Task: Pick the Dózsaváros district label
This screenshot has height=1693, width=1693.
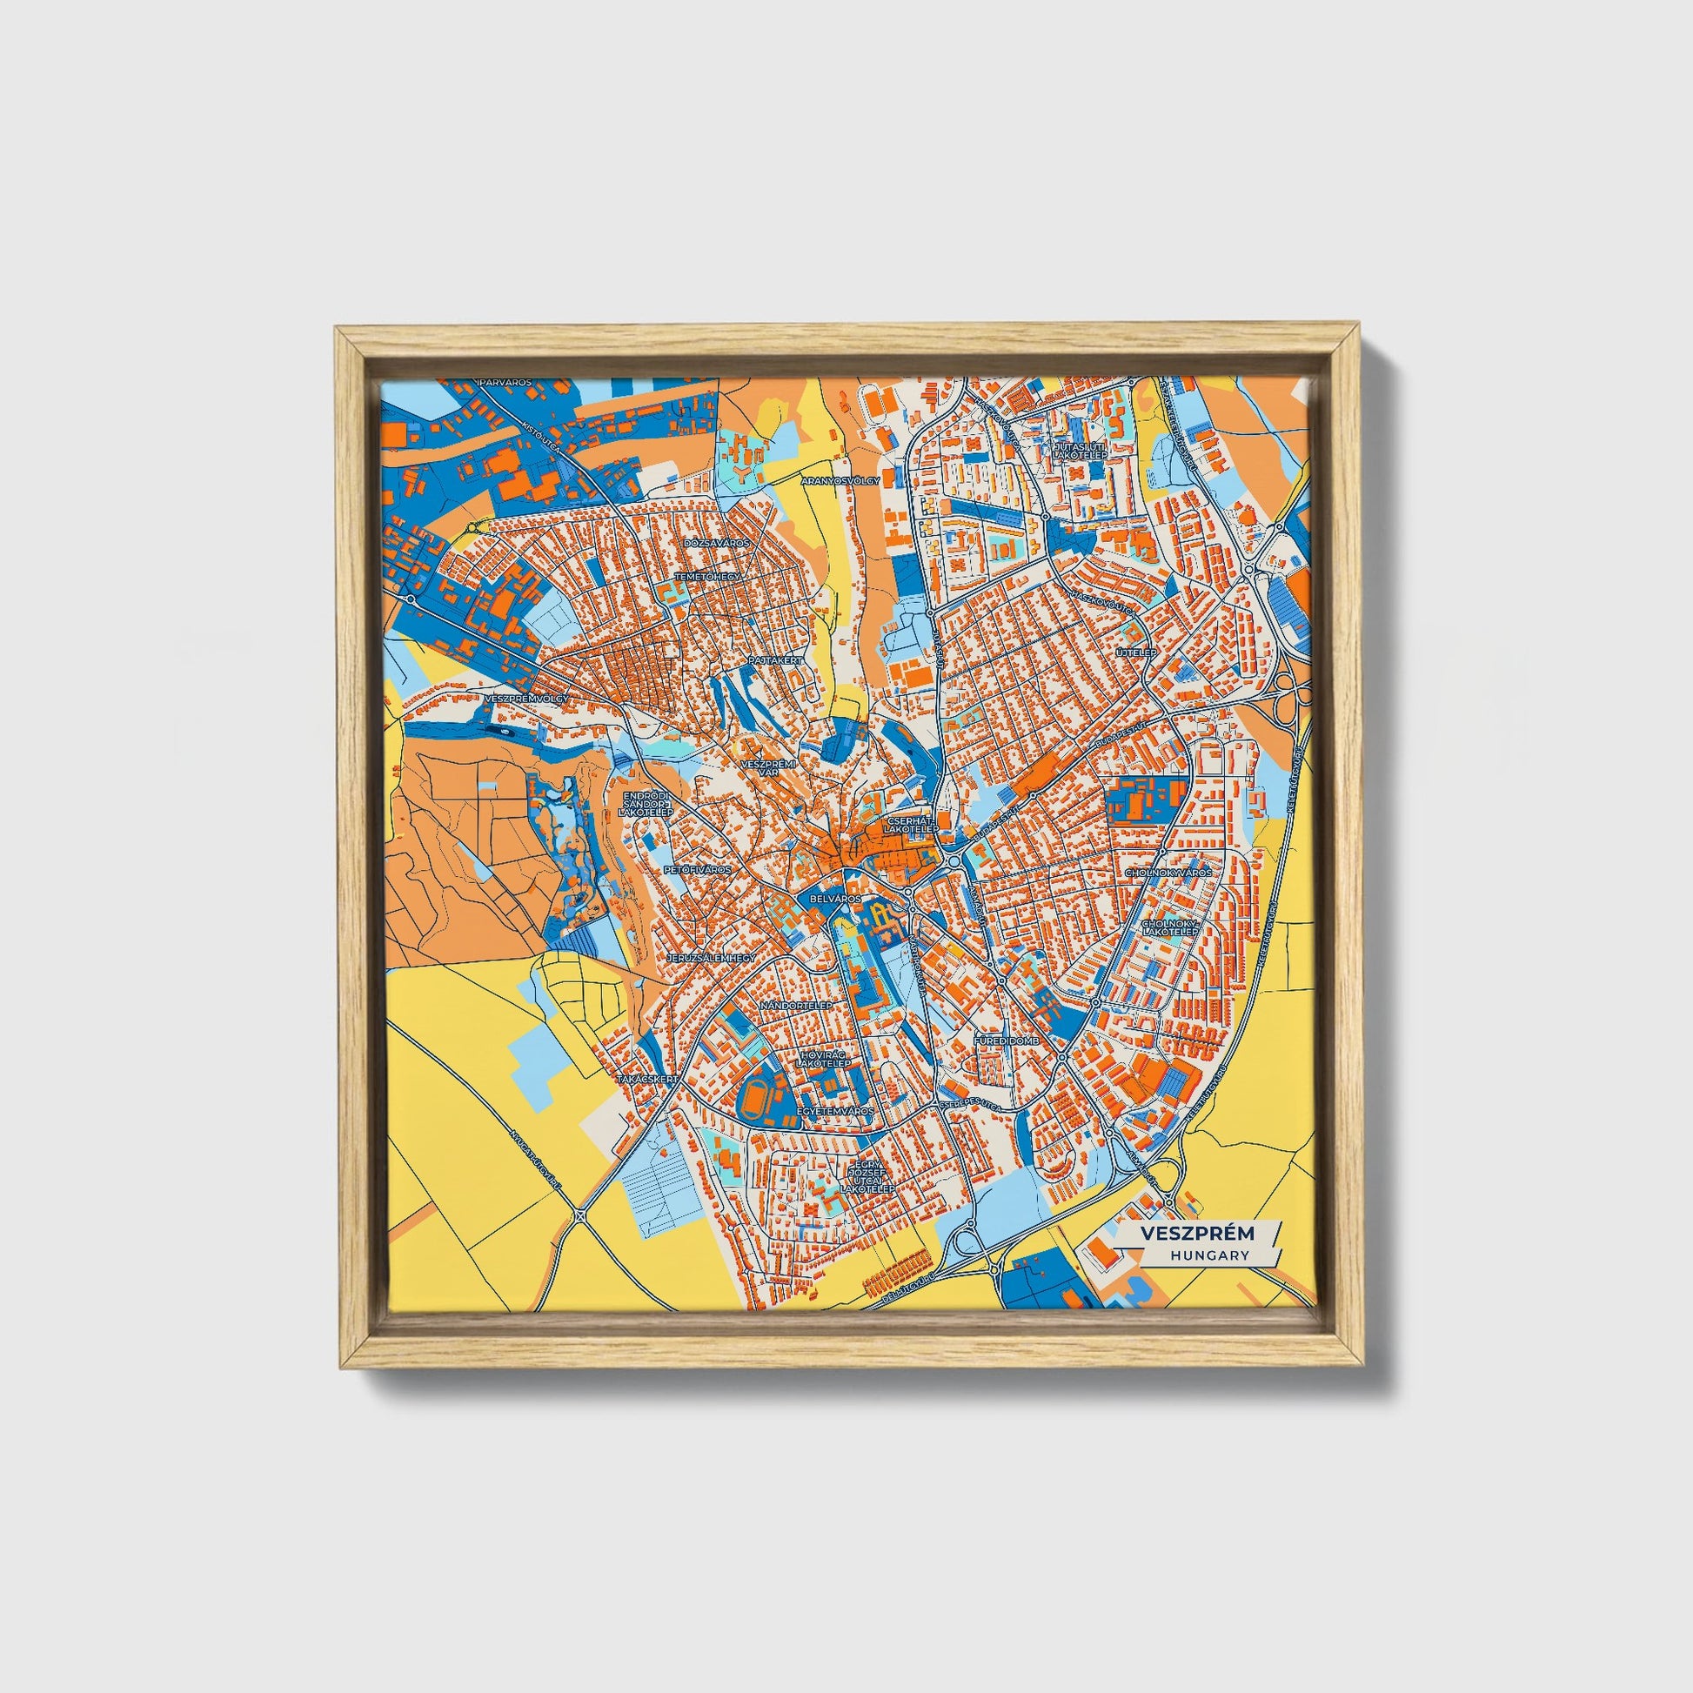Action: pos(718,543)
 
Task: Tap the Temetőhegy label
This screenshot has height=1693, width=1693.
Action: pos(708,578)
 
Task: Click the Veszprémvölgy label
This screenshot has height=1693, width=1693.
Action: pos(525,698)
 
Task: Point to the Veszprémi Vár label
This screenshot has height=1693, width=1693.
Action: pos(767,767)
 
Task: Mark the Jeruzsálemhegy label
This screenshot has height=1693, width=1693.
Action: pos(712,959)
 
